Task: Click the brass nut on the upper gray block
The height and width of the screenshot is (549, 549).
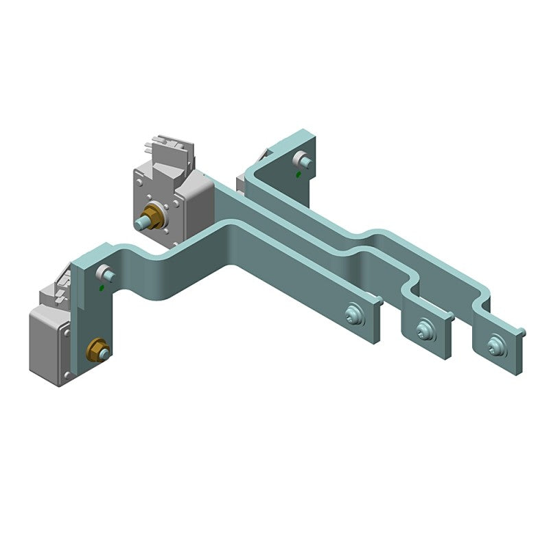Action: pos(154,218)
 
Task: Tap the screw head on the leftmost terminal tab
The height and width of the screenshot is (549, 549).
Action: pos(355,314)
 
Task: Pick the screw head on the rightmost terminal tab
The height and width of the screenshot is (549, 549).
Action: pos(494,345)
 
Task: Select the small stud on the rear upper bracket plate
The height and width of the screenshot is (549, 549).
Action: pos(302,161)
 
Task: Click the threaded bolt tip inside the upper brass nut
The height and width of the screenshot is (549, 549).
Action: pos(143,223)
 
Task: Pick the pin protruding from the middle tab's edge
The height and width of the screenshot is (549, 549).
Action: pos(452,316)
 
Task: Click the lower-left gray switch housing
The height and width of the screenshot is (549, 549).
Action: pos(48,347)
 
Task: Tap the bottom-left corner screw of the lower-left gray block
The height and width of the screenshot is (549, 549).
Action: pos(67,375)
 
